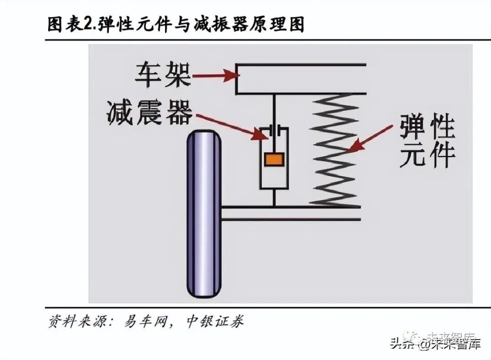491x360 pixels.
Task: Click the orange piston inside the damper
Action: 274,159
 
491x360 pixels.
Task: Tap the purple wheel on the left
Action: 204,214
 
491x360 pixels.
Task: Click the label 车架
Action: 162,75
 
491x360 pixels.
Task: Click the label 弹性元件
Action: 427,141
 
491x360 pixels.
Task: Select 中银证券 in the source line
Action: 215,321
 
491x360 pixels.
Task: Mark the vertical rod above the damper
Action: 274,109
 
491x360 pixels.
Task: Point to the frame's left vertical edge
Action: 237,80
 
